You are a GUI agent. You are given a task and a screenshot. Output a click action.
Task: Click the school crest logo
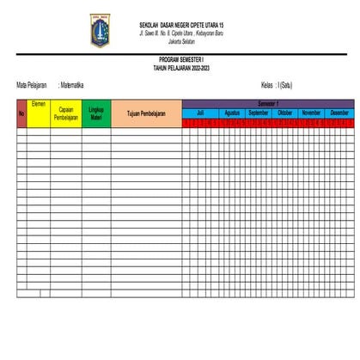100,30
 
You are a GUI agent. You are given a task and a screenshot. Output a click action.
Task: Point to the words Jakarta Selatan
180,40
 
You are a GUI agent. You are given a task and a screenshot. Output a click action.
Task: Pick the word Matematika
72,85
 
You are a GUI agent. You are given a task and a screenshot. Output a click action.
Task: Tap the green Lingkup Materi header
96,113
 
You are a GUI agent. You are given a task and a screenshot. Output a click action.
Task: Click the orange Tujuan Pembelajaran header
146,113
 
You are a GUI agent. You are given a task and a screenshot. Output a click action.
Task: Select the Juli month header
200,113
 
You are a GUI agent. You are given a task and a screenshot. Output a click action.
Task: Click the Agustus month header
232,113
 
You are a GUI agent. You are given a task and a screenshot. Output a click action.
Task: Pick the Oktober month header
285,113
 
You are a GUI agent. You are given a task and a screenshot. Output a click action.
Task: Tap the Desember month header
339,113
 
